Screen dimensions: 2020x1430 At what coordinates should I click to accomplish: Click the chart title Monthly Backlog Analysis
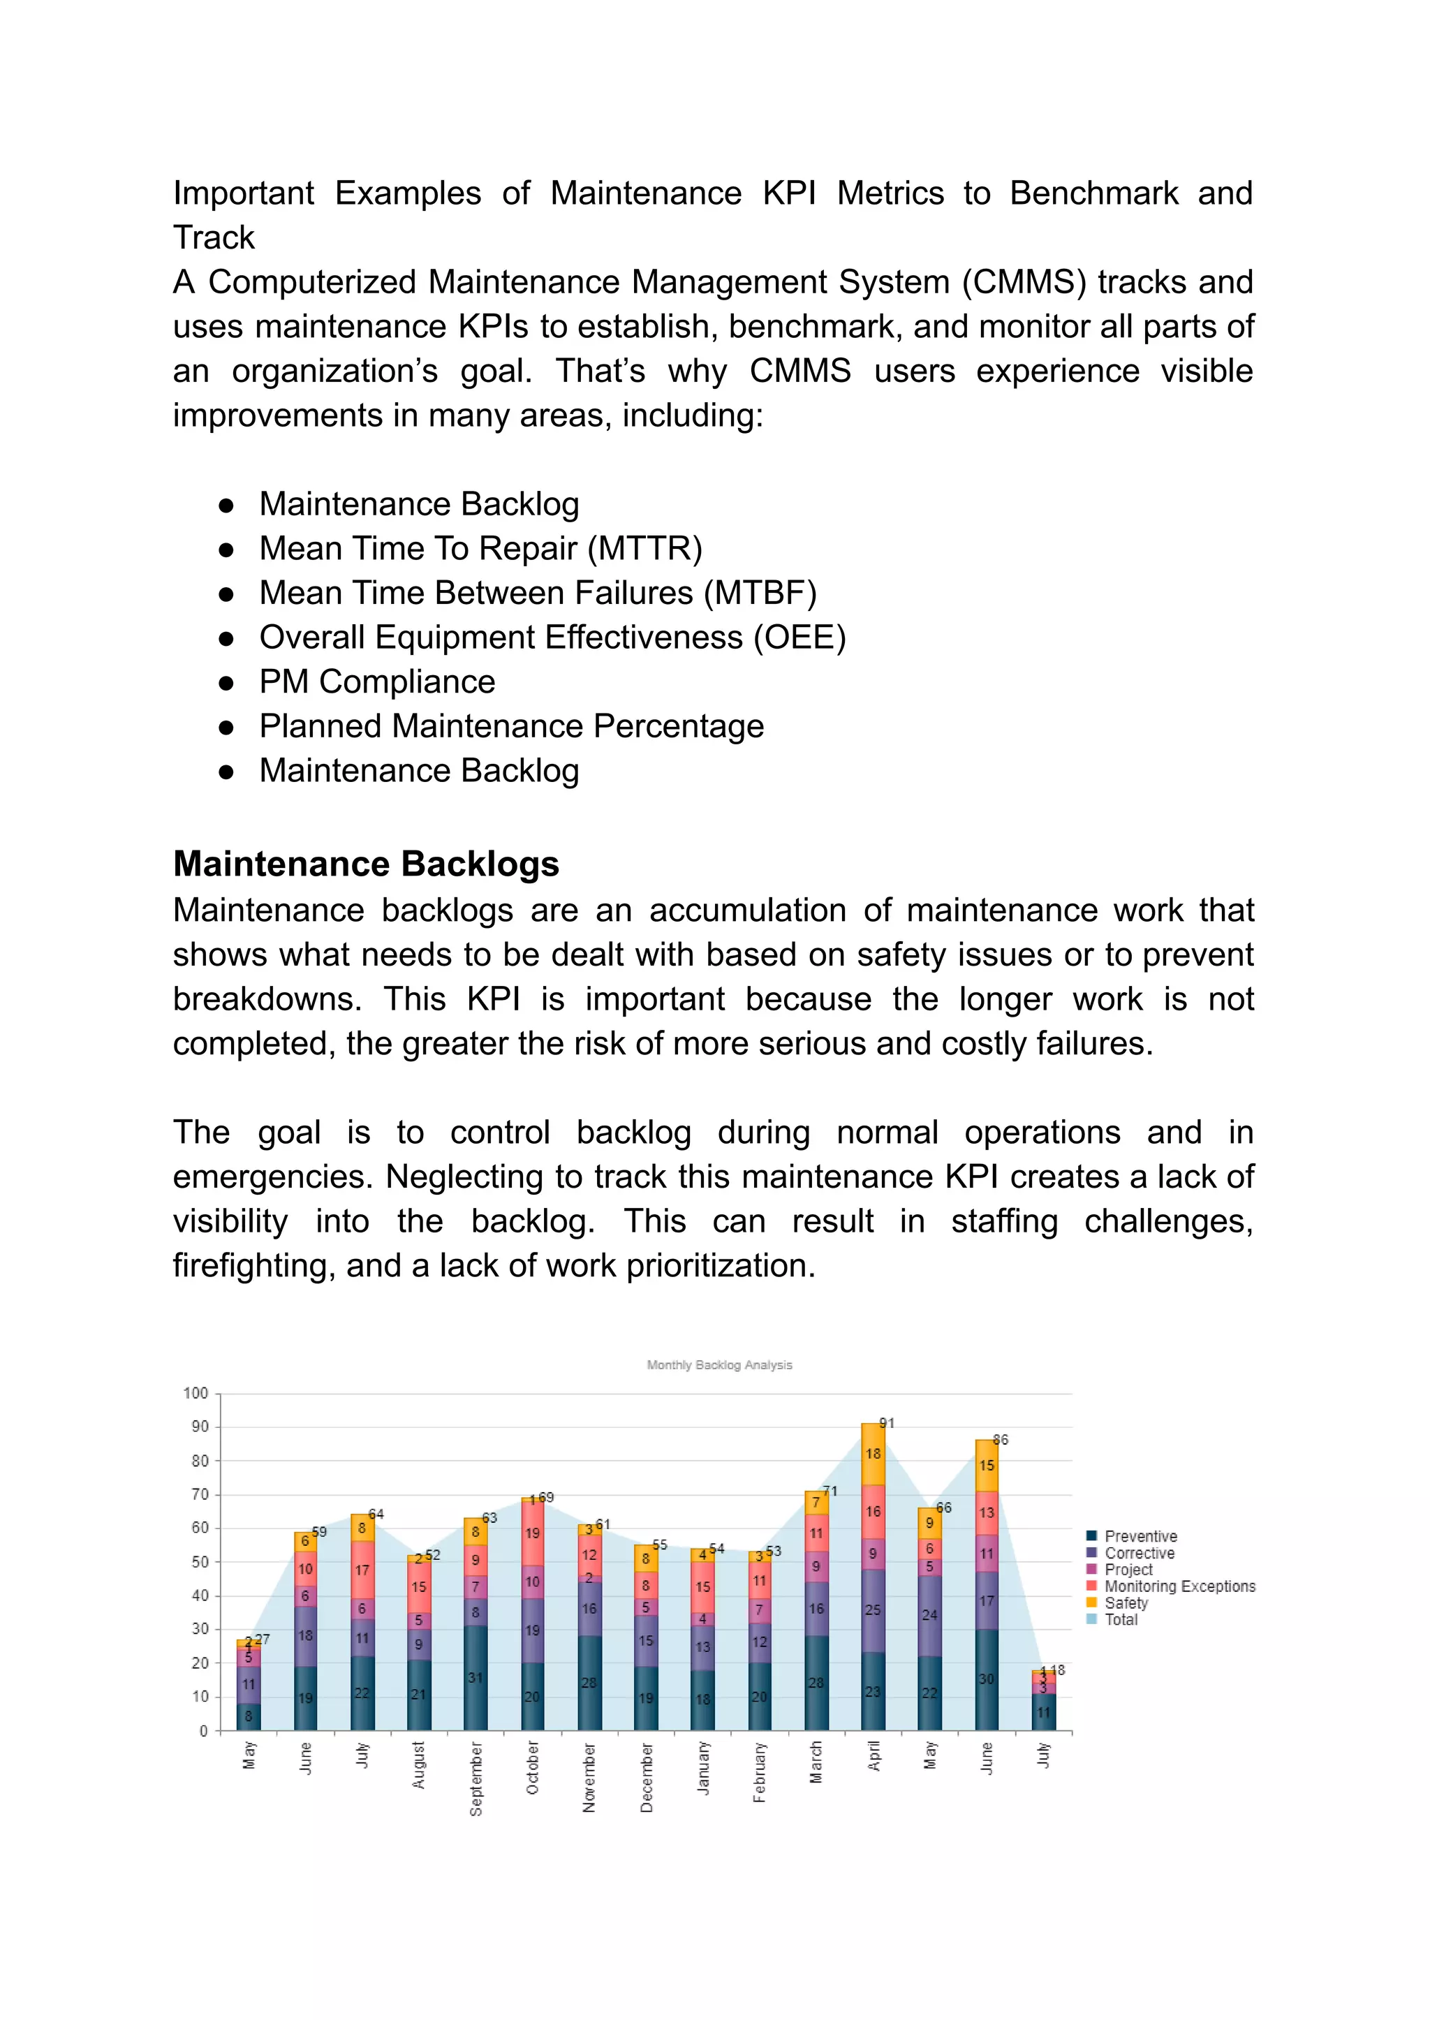(718, 1365)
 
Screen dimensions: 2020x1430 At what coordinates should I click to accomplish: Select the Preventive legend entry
(1140, 1535)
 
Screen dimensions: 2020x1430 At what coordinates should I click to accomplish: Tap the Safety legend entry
(1126, 1602)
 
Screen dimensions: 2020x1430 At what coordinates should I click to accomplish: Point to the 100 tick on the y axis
(196, 1393)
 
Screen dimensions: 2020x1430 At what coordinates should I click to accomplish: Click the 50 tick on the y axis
(200, 1561)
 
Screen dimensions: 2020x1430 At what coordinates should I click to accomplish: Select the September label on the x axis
(476, 1778)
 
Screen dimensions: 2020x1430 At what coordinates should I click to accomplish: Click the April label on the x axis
(874, 1756)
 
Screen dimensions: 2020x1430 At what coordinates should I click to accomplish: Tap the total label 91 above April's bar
(887, 1423)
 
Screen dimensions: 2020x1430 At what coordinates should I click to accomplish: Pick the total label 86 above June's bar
(1001, 1440)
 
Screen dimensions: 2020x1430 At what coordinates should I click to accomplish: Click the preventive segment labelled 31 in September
(476, 1677)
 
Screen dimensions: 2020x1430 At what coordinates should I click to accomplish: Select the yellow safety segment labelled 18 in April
(873, 1454)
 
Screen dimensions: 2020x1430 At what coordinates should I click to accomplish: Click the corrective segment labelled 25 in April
(873, 1609)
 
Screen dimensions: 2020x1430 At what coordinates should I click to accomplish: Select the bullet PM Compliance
(377, 681)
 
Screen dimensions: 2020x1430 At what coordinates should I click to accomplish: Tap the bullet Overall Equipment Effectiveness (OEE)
(552, 637)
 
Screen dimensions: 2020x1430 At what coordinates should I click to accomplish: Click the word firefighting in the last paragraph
(253, 1265)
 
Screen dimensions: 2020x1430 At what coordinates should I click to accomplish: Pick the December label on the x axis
(647, 1777)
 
